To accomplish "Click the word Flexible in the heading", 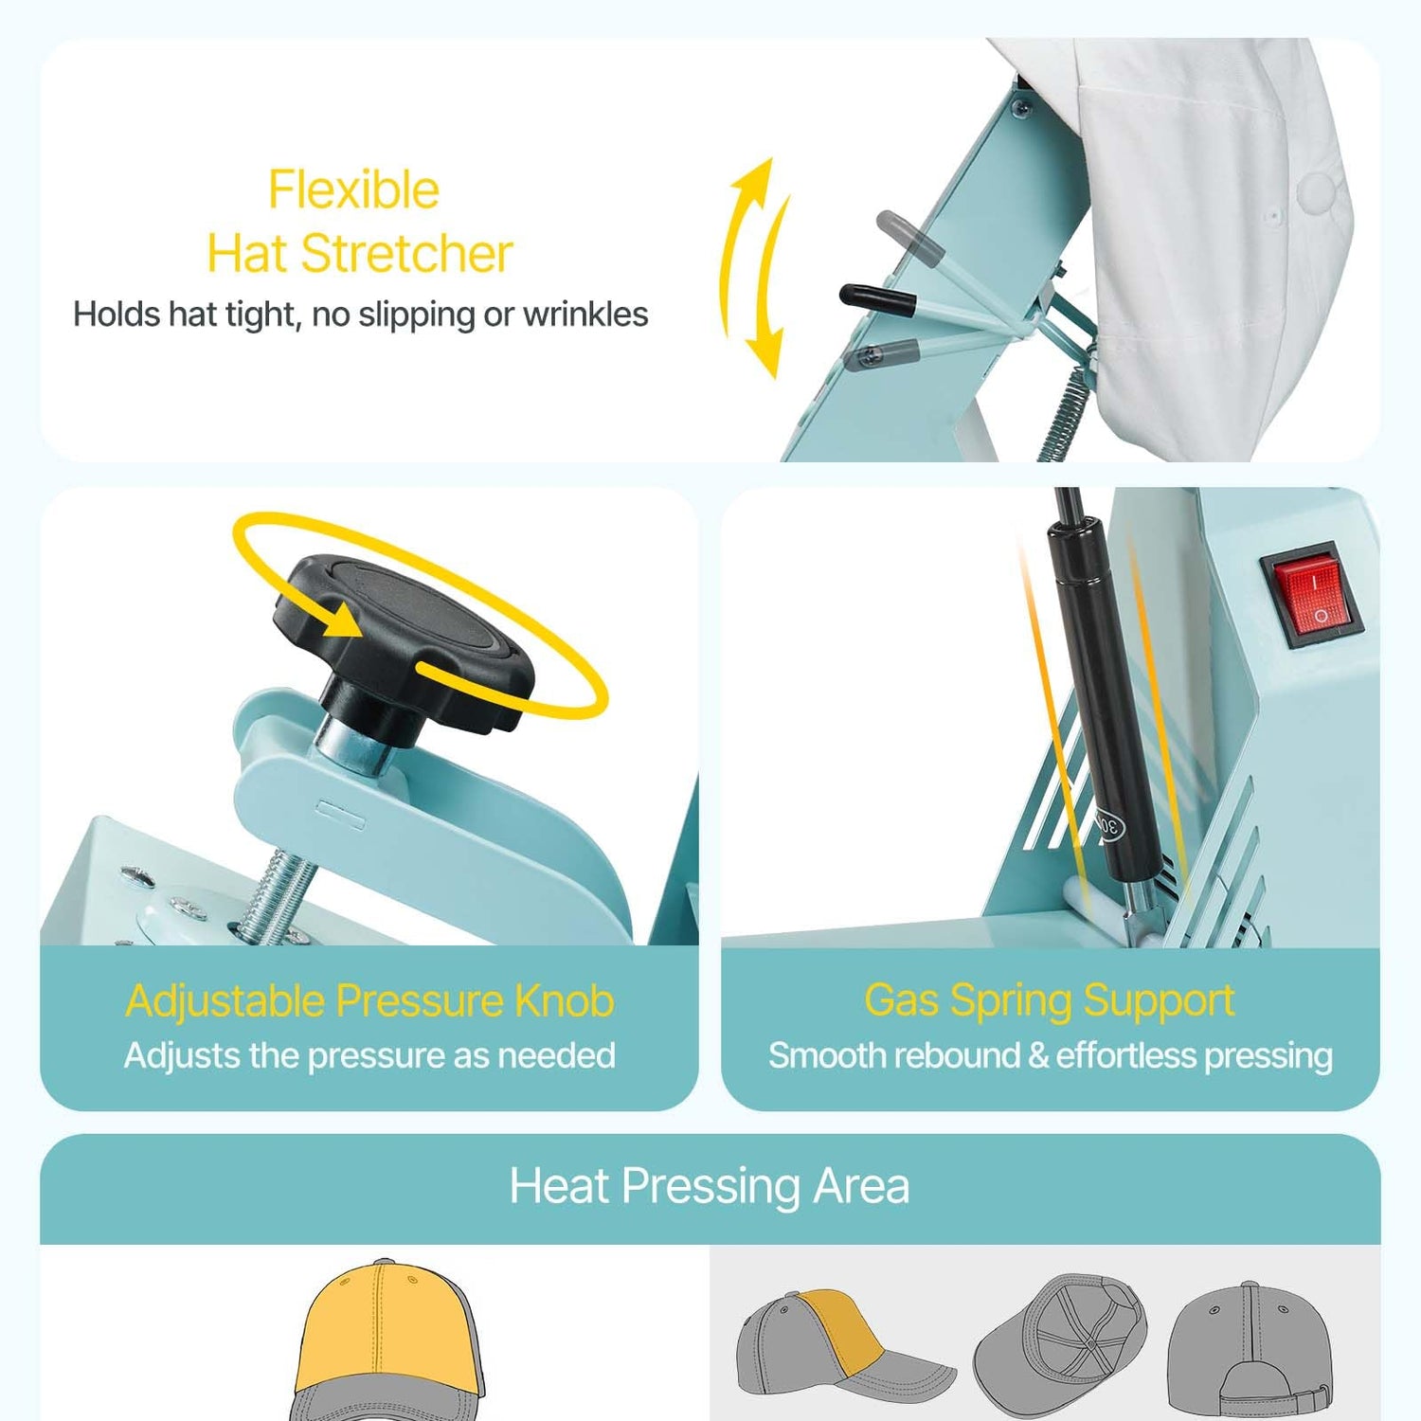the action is click(x=353, y=189).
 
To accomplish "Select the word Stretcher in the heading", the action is click(x=407, y=254).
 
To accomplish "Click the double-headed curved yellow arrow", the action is click(x=753, y=268).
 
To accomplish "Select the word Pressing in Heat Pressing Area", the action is click(x=711, y=1187).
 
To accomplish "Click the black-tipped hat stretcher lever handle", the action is click(x=877, y=300).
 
